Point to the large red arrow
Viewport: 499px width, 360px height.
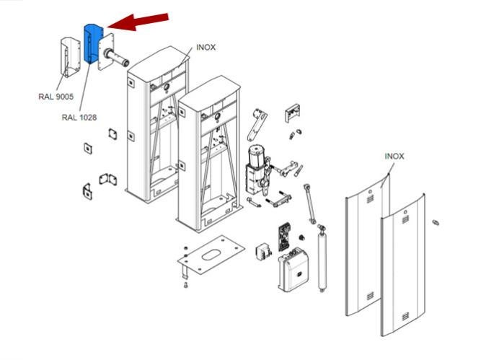138,22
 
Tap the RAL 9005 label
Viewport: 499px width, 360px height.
56,97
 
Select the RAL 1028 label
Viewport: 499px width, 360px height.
79,118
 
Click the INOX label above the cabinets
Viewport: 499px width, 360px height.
206,48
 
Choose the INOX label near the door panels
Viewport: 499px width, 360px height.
394,157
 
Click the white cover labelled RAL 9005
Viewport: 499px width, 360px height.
71,58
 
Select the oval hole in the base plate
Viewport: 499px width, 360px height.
211,255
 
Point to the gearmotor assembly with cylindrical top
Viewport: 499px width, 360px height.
257,170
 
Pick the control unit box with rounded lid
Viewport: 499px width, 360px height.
293,269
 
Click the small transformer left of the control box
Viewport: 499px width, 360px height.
263,252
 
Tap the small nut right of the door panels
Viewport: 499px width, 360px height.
436,222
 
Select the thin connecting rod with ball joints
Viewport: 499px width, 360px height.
309,203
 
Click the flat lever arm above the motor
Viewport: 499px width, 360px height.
257,125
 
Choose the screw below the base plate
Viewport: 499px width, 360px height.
186,285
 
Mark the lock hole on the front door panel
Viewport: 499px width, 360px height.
405,211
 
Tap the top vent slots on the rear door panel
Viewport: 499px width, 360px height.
370,199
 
